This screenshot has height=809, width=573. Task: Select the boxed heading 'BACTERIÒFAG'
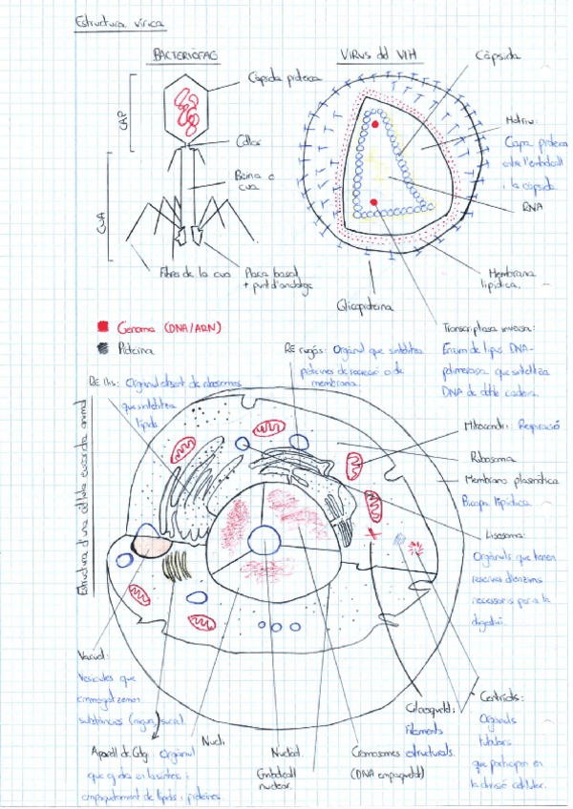click(183, 57)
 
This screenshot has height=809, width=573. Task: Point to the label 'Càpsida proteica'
click(284, 79)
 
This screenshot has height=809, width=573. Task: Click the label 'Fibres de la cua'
click(195, 274)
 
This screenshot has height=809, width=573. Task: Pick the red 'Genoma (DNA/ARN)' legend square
click(103, 325)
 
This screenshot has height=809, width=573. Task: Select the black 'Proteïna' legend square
click(103, 348)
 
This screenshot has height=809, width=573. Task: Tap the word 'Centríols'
click(499, 695)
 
